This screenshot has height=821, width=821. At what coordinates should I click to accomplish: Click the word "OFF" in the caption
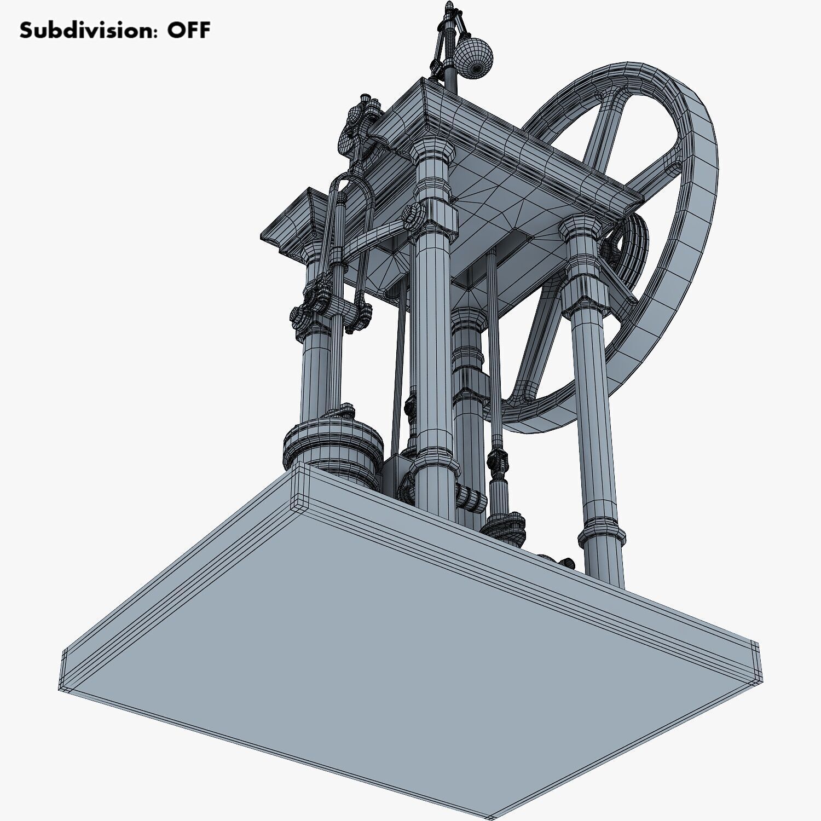click(188, 30)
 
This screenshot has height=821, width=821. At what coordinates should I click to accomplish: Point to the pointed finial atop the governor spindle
click(450, 8)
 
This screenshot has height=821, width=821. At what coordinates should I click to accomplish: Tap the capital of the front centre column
click(432, 159)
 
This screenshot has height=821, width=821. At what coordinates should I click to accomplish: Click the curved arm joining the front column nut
click(372, 235)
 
